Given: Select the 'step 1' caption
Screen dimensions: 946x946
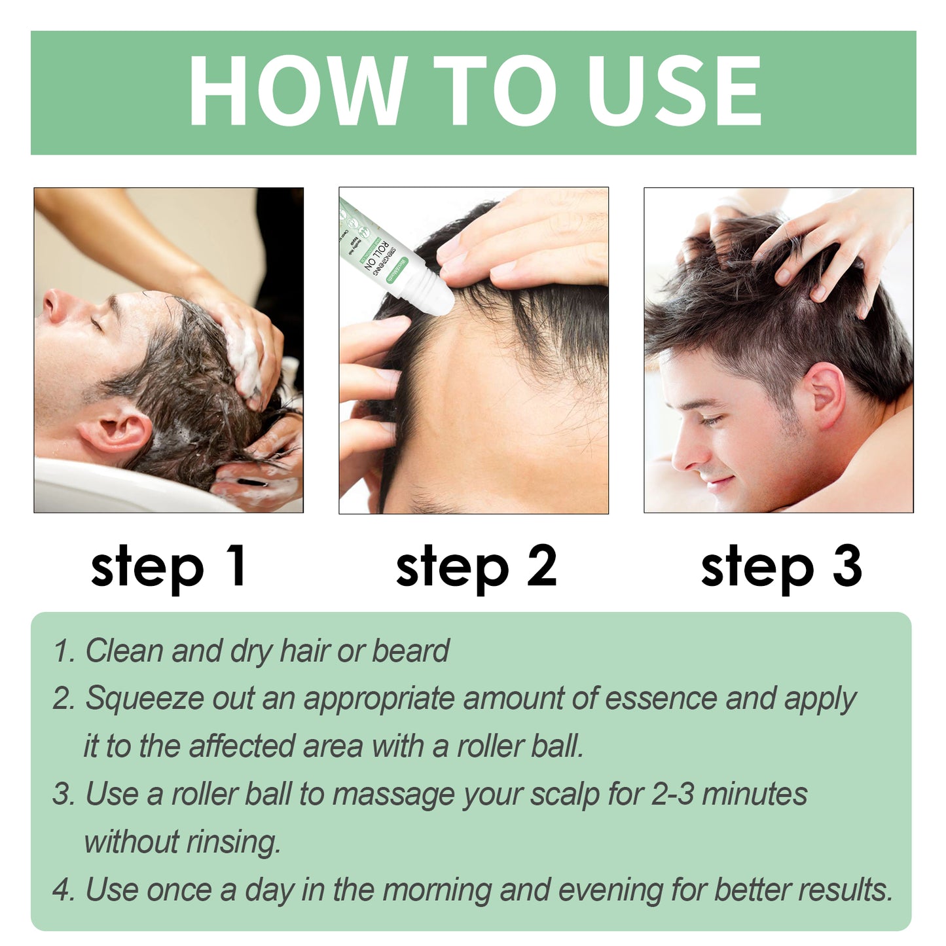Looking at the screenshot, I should click(x=168, y=567).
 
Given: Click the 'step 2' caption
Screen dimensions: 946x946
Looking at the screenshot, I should click(x=476, y=567).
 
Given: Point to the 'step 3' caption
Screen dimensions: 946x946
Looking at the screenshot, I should click(x=781, y=567).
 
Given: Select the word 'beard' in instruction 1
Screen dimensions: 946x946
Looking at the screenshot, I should click(x=410, y=651).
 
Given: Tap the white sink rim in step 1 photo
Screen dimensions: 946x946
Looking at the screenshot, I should click(x=98, y=488).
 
